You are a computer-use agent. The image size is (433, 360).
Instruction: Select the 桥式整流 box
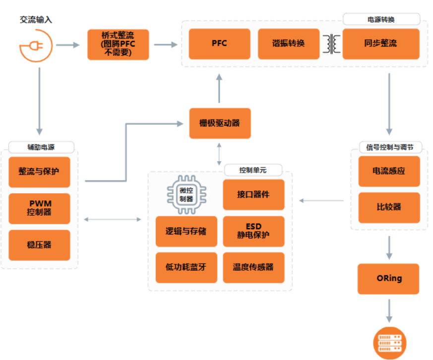point(118,44)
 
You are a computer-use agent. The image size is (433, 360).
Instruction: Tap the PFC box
point(219,44)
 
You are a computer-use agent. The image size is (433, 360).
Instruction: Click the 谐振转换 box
point(288,44)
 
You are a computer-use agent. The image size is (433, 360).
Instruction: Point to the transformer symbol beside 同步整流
point(332,44)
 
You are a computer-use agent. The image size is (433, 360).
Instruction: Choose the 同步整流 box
point(380,44)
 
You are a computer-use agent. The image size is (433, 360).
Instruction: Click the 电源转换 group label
point(381,19)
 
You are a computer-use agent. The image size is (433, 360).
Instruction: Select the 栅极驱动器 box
point(220,123)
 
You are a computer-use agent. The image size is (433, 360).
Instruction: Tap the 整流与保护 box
point(39,172)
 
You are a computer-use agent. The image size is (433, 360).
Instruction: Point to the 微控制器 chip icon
point(186,195)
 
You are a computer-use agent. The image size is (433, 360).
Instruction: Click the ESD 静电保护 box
point(253,231)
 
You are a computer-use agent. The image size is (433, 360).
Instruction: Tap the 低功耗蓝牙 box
point(186,267)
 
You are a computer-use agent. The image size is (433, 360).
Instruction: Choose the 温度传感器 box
point(253,267)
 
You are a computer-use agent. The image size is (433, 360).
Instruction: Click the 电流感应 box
point(389,171)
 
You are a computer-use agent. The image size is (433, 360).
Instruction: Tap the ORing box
point(389,278)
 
